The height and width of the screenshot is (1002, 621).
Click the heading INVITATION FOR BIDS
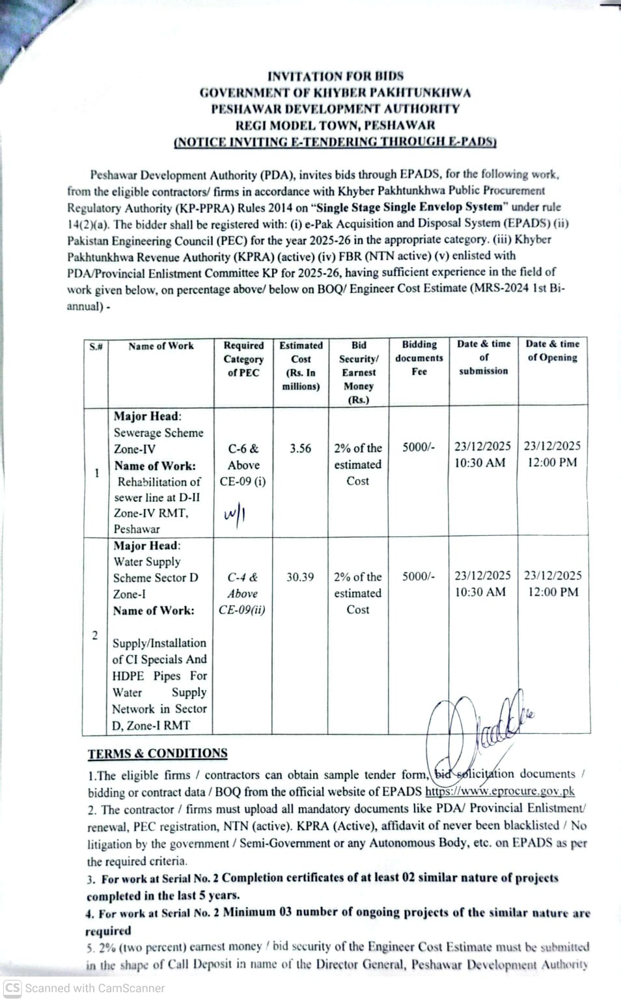point(335,76)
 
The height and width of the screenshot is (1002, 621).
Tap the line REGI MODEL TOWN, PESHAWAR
point(335,125)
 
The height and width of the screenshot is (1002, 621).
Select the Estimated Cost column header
point(301,365)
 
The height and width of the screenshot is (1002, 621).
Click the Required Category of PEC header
point(243,359)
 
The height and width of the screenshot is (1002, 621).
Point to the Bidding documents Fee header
point(419,357)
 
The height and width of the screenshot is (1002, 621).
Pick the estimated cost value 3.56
point(300,449)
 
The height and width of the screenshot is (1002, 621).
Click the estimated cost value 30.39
point(300,577)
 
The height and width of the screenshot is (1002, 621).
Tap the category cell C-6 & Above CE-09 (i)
point(243,465)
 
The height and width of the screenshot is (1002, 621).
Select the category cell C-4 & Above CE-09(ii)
point(242,593)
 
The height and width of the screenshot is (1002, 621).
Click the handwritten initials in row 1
point(234,515)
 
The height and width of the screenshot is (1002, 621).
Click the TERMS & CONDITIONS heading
point(158,753)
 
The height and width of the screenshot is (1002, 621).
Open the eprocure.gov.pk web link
point(500,792)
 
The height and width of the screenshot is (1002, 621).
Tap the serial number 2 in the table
point(95,635)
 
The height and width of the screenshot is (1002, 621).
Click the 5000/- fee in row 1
point(419,447)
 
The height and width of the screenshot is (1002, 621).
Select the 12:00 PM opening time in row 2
point(553,592)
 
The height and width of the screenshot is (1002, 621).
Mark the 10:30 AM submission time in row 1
point(480,462)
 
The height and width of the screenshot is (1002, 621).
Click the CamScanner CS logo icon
point(12,988)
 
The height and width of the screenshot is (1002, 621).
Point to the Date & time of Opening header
point(553,350)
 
